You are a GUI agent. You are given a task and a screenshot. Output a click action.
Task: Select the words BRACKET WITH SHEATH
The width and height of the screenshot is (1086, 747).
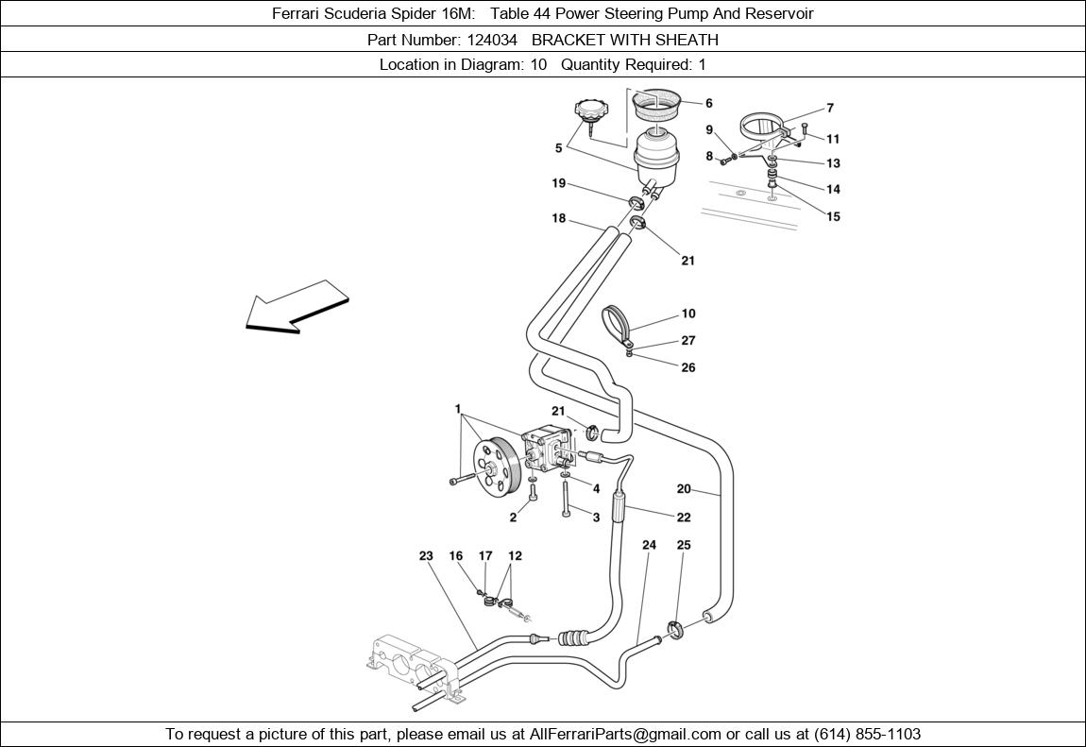click(x=624, y=40)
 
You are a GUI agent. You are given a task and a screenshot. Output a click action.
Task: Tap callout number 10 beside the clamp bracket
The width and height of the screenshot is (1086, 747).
click(x=688, y=314)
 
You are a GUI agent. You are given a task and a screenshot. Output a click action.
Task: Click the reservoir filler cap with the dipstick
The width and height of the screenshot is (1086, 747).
click(x=589, y=111)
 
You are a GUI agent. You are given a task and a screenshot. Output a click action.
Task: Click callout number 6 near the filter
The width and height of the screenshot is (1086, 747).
click(x=708, y=104)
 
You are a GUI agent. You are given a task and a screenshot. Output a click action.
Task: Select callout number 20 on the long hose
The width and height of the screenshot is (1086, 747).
click(x=684, y=489)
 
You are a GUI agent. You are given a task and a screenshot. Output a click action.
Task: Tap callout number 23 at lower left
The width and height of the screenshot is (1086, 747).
click(x=426, y=556)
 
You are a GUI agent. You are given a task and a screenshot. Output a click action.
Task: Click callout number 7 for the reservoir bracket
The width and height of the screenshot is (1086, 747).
click(x=830, y=109)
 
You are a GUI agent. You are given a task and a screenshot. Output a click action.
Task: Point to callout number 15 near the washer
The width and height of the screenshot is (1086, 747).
click(x=833, y=216)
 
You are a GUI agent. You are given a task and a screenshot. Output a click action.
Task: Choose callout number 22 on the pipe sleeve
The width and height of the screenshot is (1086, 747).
click(x=684, y=517)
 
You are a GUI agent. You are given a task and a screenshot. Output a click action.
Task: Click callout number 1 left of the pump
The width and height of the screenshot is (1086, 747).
click(x=458, y=410)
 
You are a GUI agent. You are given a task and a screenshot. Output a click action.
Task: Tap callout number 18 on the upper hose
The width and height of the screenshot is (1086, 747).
click(x=559, y=219)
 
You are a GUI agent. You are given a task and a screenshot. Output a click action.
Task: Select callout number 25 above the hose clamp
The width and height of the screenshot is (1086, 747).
click(x=684, y=545)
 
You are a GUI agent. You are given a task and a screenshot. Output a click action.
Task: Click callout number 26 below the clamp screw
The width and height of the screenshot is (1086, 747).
click(x=688, y=367)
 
